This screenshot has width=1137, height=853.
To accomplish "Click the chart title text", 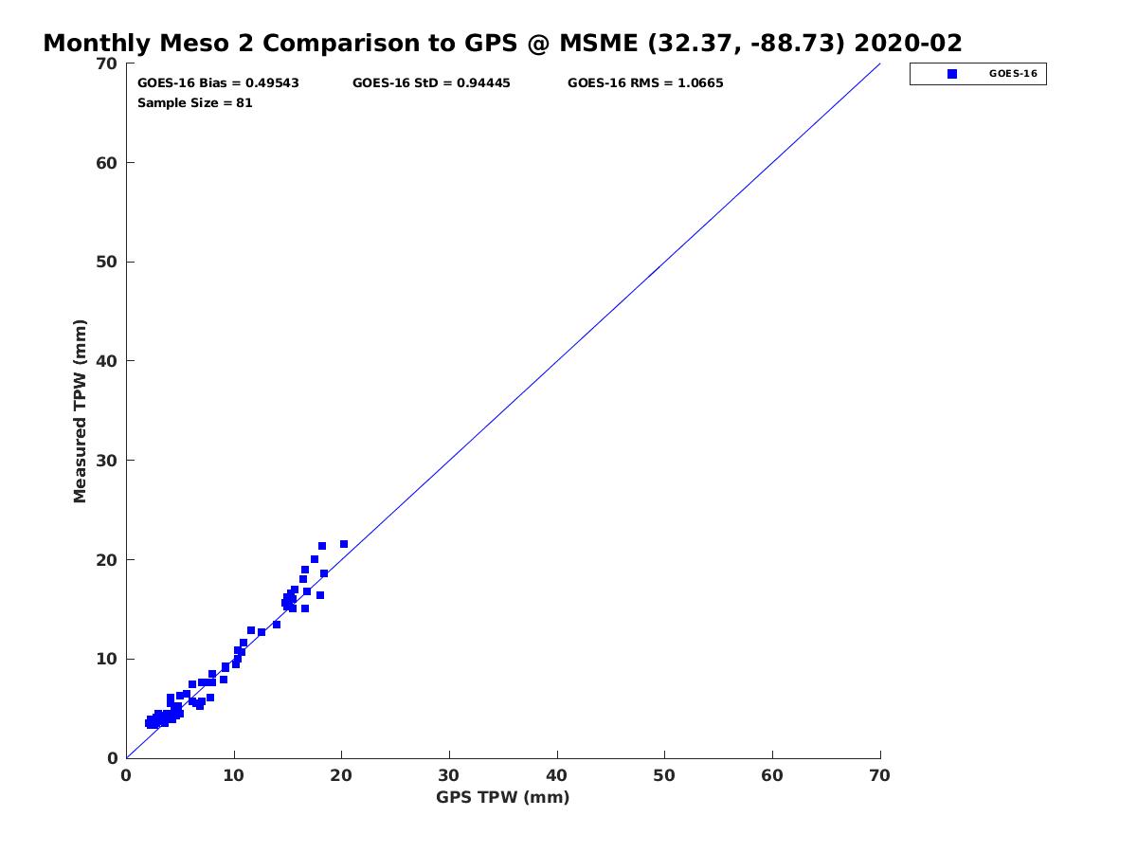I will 502,44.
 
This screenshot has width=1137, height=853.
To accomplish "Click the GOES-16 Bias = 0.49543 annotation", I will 218,83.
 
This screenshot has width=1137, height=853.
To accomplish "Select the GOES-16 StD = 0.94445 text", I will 431,83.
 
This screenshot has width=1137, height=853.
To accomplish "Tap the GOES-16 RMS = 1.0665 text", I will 645,83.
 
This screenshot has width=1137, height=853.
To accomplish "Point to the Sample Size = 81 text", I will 195,103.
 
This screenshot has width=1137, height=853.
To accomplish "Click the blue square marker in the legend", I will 952,74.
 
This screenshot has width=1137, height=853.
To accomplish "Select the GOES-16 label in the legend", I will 1013,74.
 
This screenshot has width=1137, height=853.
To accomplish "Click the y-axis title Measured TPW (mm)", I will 81,410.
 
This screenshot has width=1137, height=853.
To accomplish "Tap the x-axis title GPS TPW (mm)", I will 502,797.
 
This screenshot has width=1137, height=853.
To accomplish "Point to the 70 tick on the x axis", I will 880,776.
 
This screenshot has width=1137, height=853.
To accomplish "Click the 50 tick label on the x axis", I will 664,776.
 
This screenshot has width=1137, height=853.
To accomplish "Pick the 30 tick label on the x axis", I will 449,776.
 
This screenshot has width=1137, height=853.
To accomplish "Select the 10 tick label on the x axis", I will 234,776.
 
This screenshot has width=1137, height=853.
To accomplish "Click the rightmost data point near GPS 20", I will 343,544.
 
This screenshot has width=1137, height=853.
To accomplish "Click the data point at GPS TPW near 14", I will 277,625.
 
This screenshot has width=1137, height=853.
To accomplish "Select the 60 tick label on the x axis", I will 772,776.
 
